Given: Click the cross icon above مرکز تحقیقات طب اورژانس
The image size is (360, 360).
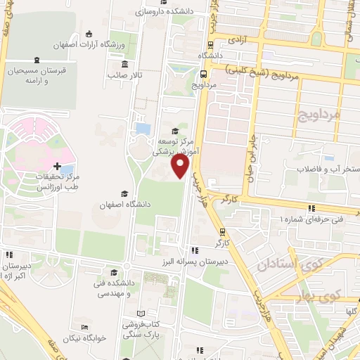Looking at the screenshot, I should (x=58, y=165).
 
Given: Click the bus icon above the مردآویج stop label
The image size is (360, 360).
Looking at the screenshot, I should (x=202, y=73).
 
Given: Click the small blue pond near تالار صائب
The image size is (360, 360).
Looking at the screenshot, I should (x=143, y=129).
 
